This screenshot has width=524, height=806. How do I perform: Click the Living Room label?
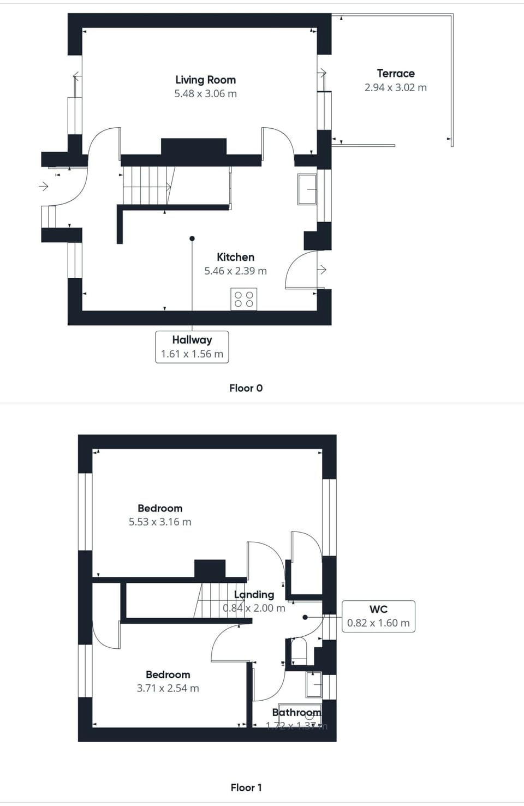point(205,80)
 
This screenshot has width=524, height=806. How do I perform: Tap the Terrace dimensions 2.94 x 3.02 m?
point(395,87)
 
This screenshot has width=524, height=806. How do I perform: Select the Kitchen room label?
point(235,257)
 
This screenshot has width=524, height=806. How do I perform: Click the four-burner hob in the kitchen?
point(243,299)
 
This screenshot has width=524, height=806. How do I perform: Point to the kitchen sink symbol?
point(307,189)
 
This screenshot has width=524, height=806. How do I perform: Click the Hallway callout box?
point(192,347)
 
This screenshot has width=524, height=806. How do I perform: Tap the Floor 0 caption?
point(246,388)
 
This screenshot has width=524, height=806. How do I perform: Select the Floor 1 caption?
point(246,787)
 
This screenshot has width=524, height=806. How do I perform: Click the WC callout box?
point(378,616)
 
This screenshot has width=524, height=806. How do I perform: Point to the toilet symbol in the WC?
point(299,649)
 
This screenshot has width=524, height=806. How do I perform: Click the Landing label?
point(254,595)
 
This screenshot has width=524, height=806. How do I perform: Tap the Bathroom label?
point(296,712)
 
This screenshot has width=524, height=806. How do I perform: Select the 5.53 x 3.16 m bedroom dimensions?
point(160,522)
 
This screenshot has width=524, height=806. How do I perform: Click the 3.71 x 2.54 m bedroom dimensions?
point(168,688)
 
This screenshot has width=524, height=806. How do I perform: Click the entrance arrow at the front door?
point(44,187)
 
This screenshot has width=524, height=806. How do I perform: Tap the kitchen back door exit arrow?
point(322,270)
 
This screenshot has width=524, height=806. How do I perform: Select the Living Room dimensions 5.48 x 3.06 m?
point(205,93)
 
